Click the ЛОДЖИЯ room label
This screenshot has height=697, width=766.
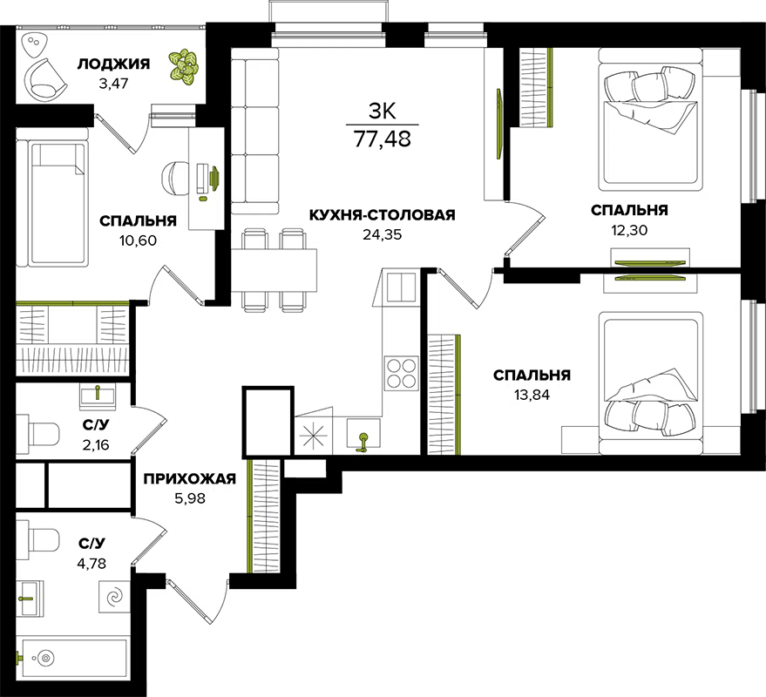pos(113,64)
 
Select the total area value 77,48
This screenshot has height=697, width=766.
pos(382,139)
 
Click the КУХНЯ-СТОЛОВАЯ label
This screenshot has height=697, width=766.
pos(382,215)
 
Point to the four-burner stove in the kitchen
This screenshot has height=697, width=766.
pos(401,373)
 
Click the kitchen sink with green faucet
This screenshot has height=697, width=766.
pos(363,434)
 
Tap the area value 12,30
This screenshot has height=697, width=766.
pos(629,230)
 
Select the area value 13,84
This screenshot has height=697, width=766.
pos(532,395)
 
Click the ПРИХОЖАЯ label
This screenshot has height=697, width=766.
pos(190,478)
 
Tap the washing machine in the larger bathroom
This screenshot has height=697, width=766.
pos(115,597)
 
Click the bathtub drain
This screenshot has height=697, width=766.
pos(46,658)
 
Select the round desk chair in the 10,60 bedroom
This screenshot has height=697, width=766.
pos(175,179)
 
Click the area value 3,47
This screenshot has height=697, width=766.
pos(113,84)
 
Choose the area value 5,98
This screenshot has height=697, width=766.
pos(190,498)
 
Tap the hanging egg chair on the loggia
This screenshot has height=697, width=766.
pos(45,78)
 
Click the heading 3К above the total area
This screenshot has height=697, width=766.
pos(382,112)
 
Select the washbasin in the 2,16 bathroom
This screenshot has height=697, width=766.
pos(98,397)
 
